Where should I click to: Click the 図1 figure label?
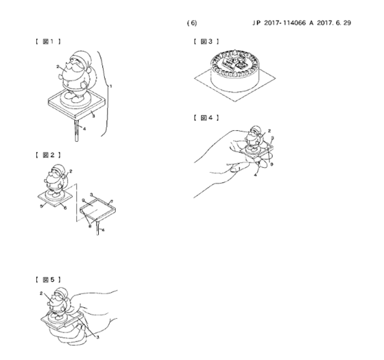tap(48, 41)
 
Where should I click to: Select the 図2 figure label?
tap(48, 155)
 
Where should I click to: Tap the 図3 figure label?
tap(206, 41)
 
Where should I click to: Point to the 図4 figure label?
tap(206, 118)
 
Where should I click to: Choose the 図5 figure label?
tap(48, 280)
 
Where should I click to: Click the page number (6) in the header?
tap(192, 23)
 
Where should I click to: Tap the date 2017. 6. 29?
tap(334, 23)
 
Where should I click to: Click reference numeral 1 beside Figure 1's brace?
tap(111, 86)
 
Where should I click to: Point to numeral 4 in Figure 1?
tap(84, 129)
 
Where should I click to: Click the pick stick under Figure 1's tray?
tap(77, 130)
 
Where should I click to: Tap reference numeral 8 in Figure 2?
tap(90, 226)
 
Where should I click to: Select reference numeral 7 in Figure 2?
tap(112, 202)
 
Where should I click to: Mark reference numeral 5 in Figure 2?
tap(41, 206)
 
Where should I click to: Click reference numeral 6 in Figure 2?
tap(65, 208)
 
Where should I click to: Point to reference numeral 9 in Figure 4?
tap(272, 165)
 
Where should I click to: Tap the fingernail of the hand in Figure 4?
tap(235, 169)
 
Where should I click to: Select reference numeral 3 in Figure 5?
tap(97, 337)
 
